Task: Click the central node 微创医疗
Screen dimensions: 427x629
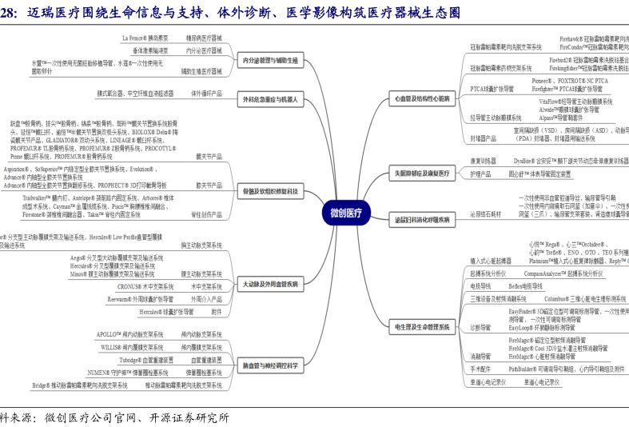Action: tap(345, 213)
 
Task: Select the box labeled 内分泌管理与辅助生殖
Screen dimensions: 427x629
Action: tap(270, 61)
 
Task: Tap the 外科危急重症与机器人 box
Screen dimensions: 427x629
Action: tap(270, 100)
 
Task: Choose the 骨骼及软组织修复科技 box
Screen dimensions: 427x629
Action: tap(270, 192)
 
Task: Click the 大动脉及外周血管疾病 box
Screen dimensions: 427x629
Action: tap(270, 284)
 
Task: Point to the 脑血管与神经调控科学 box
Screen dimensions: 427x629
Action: tap(270, 366)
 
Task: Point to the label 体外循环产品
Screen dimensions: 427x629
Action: tap(205, 94)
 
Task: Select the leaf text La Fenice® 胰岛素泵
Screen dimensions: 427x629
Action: tap(145, 38)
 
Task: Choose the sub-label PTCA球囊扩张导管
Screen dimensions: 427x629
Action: tap(492, 89)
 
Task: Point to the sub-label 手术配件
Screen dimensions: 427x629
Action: tap(480, 369)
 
